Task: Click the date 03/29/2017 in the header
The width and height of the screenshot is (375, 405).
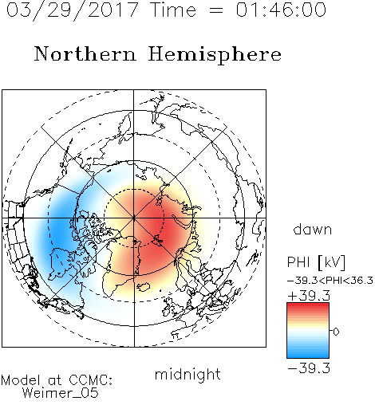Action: click(73, 10)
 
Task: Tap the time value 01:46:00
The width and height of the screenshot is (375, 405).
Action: click(281, 10)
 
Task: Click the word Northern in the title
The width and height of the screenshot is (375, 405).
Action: click(85, 54)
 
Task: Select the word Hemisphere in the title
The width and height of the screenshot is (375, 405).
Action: click(215, 55)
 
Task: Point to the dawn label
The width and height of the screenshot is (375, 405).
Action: click(313, 229)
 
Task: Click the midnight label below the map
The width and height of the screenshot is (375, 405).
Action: click(187, 374)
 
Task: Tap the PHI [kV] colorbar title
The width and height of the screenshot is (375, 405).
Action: click(316, 262)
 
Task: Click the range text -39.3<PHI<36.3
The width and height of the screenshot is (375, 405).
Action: click(330, 281)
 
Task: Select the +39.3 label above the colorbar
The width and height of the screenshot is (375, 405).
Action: click(309, 296)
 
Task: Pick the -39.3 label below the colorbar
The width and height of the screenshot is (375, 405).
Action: click(309, 368)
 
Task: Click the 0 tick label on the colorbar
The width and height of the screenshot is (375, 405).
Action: click(336, 332)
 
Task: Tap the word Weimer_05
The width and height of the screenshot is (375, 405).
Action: click(61, 393)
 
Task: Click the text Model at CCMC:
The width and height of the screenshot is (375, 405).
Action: click(57, 380)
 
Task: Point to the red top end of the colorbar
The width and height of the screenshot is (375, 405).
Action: click(308, 305)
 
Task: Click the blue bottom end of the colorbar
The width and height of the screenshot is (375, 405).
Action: click(308, 356)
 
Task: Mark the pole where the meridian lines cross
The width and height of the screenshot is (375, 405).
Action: click(134, 218)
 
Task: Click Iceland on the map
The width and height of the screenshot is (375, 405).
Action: click(144, 287)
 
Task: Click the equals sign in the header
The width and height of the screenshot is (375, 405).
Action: click(215, 10)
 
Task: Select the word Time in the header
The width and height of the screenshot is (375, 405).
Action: click(173, 10)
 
